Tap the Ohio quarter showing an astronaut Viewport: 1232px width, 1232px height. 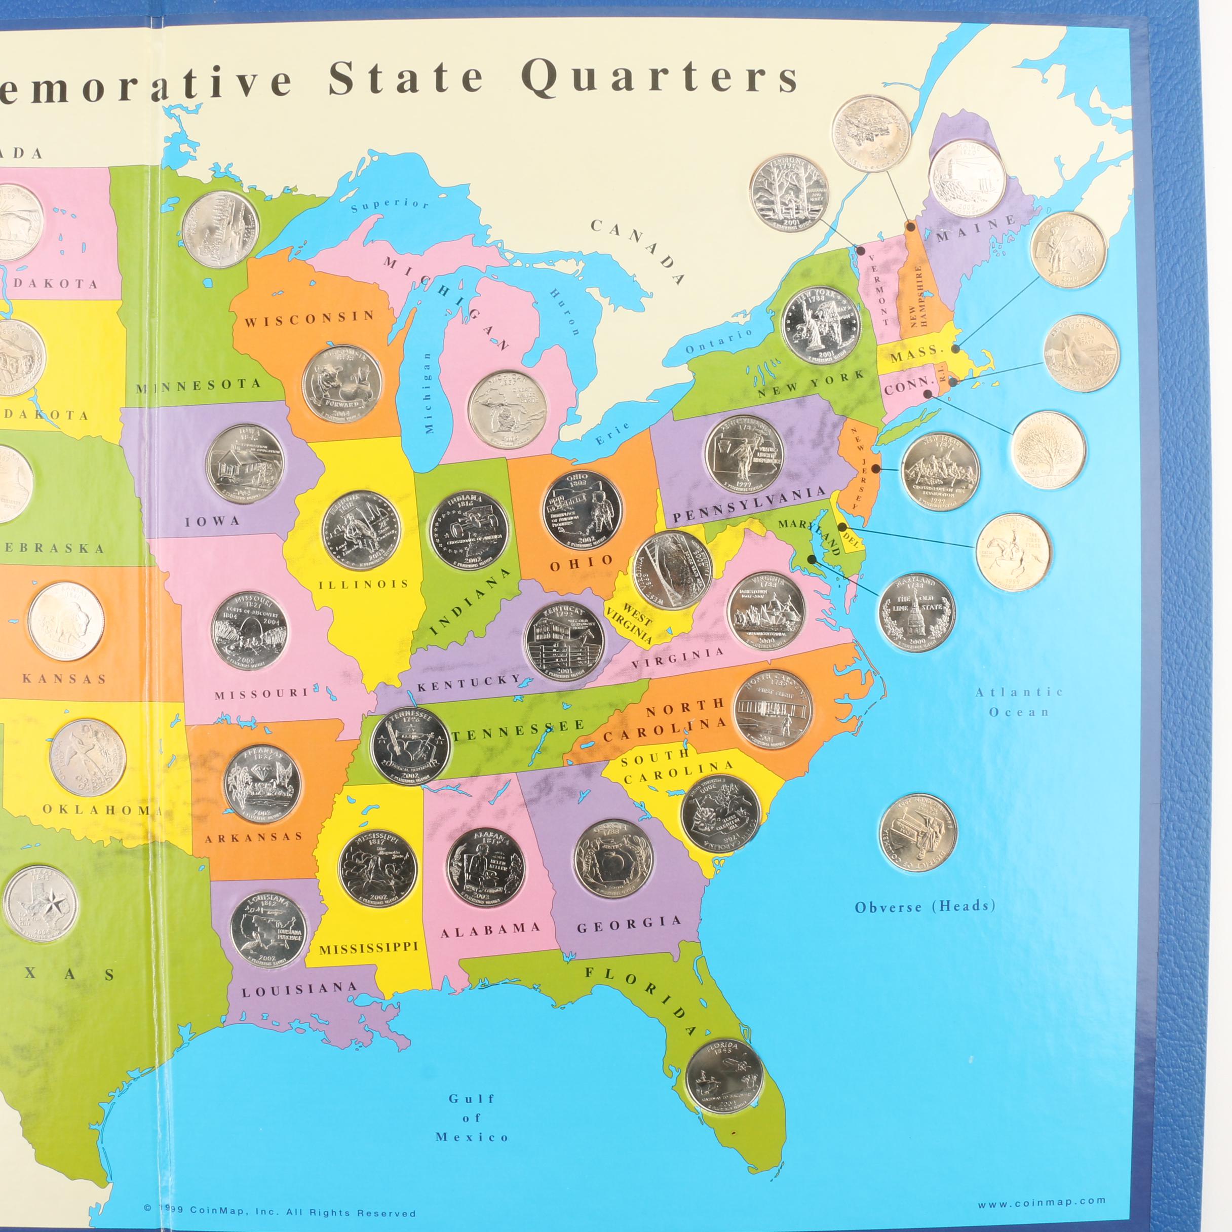tap(582, 510)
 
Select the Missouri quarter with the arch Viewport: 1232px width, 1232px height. tap(249, 631)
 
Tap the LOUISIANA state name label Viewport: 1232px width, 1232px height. tap(299, 990)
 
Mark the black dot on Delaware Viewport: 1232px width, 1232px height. tap(842, 527)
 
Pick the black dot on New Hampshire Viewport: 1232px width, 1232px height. tap(911, 226)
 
